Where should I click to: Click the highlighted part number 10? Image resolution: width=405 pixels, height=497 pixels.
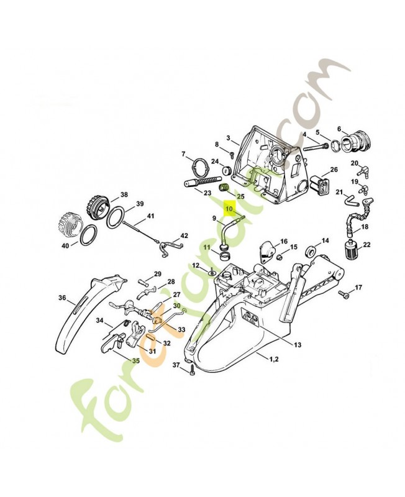point(229,209)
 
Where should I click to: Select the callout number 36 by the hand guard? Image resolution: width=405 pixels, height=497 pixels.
point(62,298)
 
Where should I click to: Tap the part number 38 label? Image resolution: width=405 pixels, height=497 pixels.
point(124,194)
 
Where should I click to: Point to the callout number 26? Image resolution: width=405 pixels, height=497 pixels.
point(334,170)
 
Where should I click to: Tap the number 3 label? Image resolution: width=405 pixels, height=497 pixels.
point(229,138)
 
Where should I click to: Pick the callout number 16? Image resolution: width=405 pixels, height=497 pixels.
point(283,241)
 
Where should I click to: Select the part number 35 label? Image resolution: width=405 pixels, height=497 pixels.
point(135,360)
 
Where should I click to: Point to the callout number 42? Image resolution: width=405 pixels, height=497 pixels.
point(184,235)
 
